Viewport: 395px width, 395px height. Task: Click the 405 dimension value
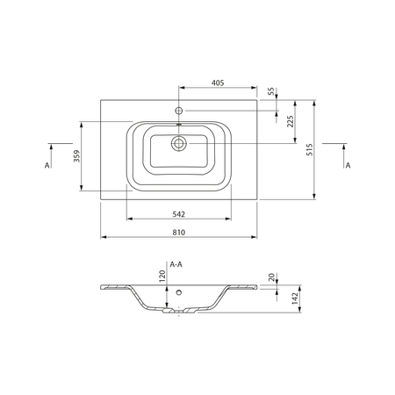click(x=218, y=83)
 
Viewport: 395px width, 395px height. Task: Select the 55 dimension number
click(x=271, y=91)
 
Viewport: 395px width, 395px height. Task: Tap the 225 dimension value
click(x=290, y=121)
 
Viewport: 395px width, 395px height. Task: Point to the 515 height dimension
click(x=309, y=149)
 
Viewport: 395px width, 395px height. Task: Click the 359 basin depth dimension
click(x=76, y=156)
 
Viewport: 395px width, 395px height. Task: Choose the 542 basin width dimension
click(x=178, y=214)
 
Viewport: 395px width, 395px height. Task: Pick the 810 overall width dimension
click(x=178, y=233)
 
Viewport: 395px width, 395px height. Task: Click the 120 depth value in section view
click(x=162, y=276)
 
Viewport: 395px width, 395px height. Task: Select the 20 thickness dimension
click(x=271, y=276)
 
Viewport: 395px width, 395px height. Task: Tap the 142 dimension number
click(x=295, y=298)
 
